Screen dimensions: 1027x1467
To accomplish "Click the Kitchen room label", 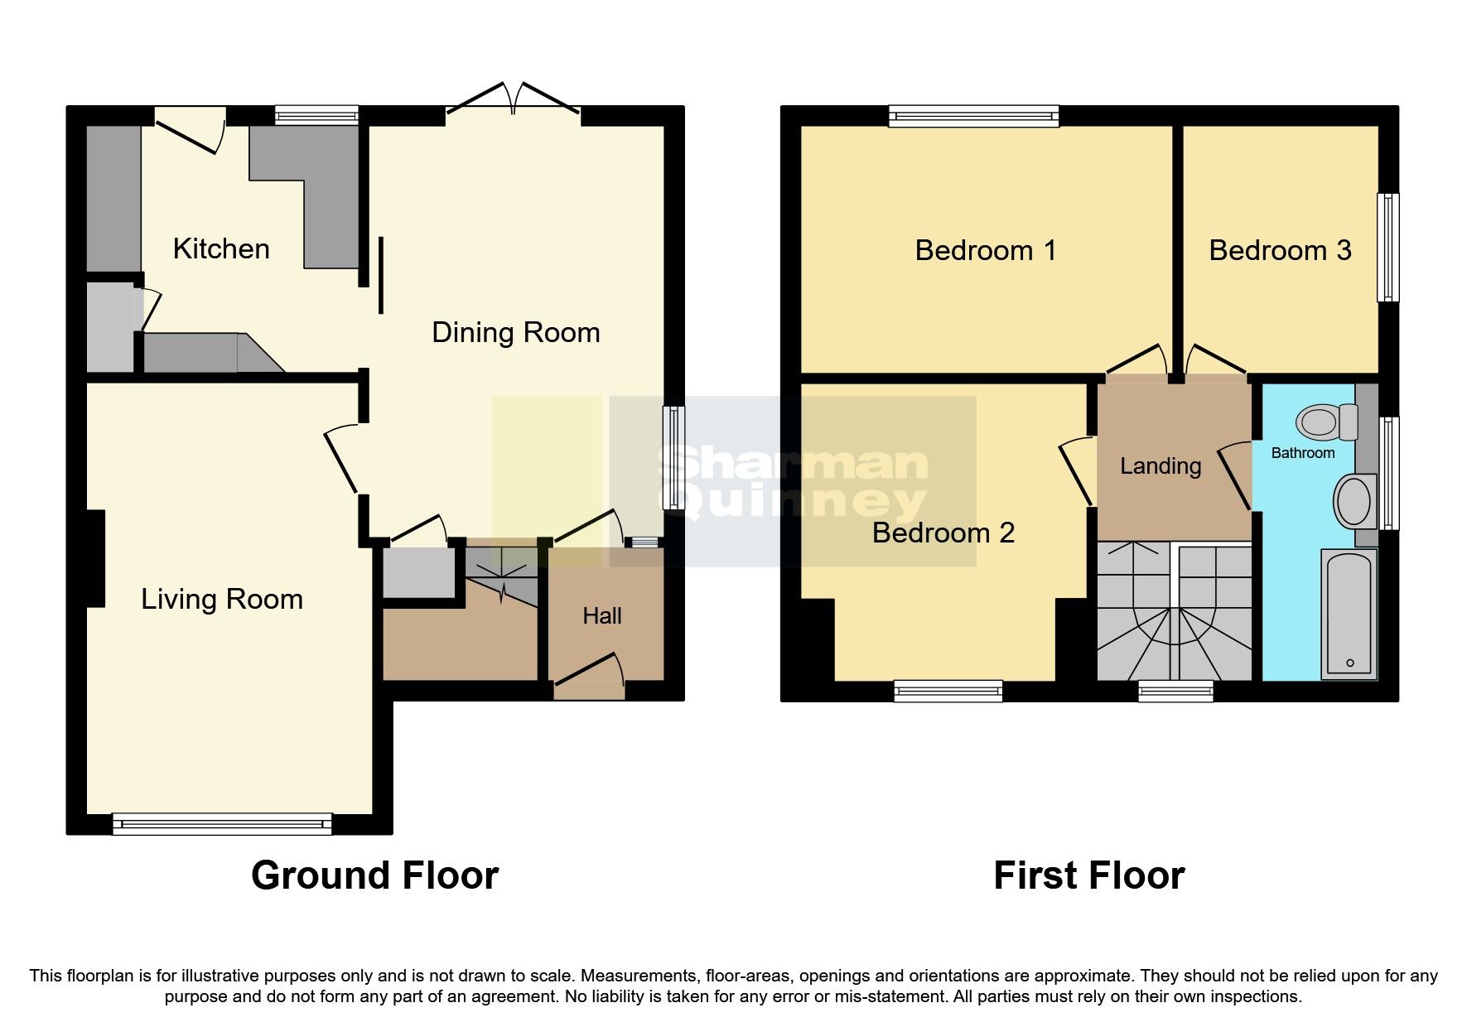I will (221, 248).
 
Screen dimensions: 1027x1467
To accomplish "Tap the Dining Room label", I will (515, 332).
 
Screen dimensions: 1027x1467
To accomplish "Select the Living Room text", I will (221, 599).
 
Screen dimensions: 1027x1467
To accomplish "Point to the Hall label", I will (601, 615).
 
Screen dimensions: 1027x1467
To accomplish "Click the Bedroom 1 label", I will (985, 250).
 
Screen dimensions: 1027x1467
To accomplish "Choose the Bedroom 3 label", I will (1279, 250).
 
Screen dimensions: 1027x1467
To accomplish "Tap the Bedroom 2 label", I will (943, 533).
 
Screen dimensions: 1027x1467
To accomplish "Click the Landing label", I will (1160, 466).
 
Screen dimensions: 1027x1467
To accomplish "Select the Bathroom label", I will (1302, 453).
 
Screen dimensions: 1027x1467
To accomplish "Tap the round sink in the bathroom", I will (1354, 501).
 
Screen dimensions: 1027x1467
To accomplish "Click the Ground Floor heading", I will (374, 875).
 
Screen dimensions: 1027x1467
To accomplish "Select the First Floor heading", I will (1088, 875).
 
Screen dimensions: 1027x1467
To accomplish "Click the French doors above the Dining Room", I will (513, 99).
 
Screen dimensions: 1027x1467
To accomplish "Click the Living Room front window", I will (222, 823).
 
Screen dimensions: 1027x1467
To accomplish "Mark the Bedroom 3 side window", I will (1387, 248).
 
